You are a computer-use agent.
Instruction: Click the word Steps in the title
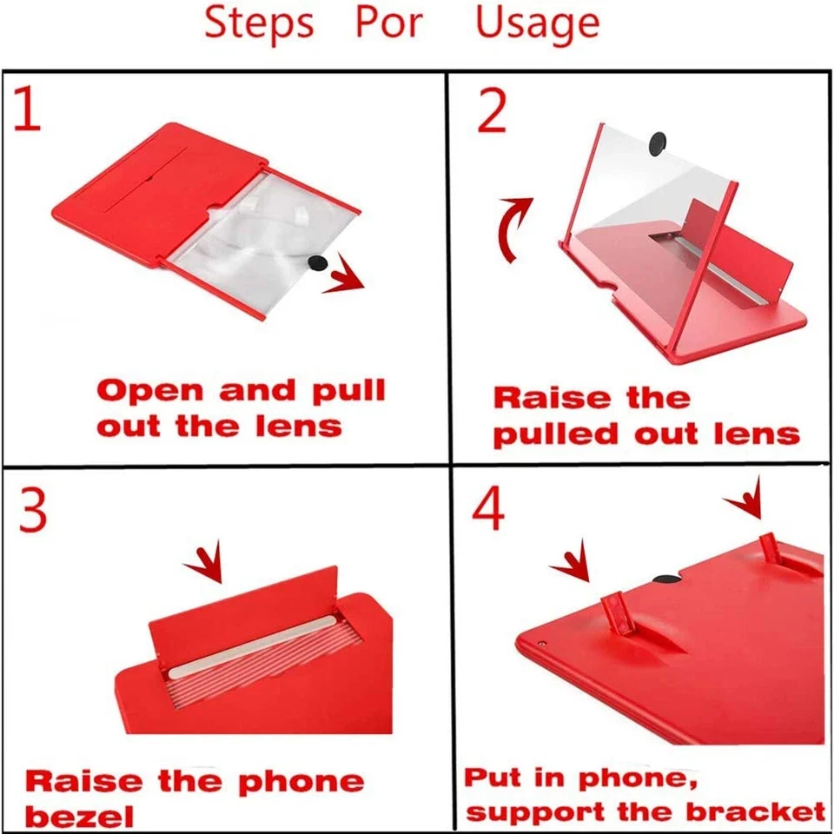pos(258,23)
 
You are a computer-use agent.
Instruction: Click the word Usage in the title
pos(537,23)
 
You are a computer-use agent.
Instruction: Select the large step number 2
pos(492,110)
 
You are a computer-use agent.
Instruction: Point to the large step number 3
pos(33,512)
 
